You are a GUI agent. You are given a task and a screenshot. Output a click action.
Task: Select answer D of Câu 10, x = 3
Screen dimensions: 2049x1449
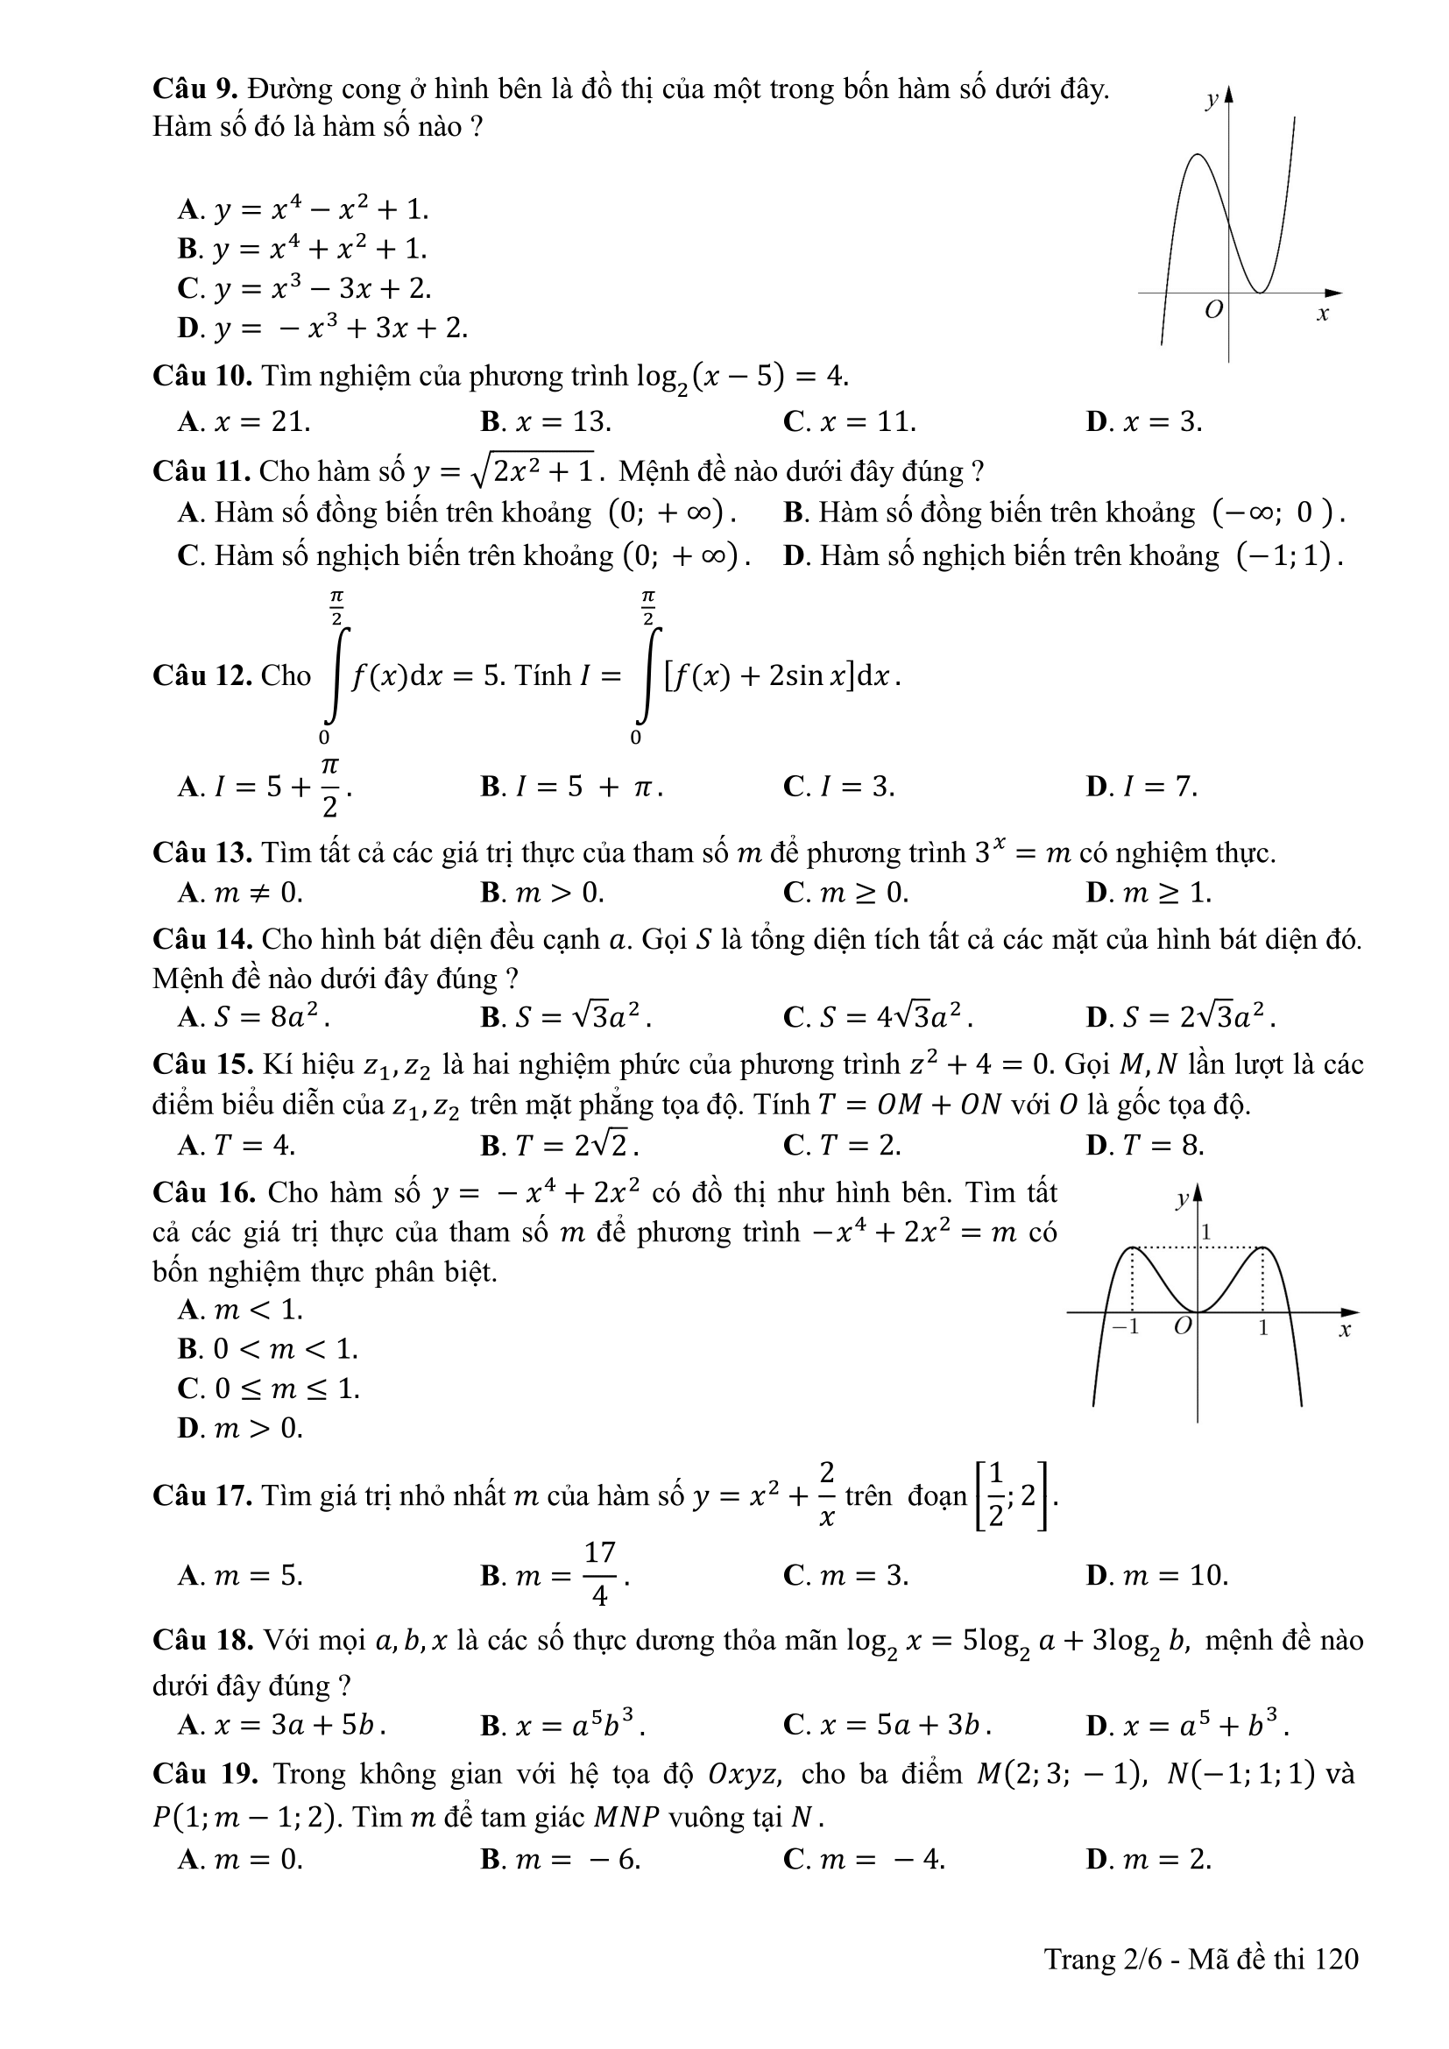tap(1144, 421)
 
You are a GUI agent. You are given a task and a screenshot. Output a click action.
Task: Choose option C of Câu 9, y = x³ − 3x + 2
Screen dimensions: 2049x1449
tap(304, 288)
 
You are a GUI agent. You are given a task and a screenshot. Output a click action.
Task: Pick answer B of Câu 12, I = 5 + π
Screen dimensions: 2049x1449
tap(571, 786)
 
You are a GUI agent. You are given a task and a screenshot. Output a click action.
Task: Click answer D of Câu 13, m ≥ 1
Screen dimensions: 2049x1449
tap(1149, 892)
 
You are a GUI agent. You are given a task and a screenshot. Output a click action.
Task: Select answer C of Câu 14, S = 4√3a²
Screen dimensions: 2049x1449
tap(878, 1016)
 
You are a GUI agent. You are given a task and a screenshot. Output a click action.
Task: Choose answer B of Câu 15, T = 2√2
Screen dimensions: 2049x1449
tap(560, 1145)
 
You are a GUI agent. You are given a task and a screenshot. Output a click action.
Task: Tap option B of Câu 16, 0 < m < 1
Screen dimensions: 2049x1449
tap(268, 1348)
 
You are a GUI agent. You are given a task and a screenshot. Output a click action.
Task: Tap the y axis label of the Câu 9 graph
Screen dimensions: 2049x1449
tap(1212, 101)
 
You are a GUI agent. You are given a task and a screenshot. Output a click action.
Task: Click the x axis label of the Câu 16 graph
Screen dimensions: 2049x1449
tap(1346, 1331)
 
